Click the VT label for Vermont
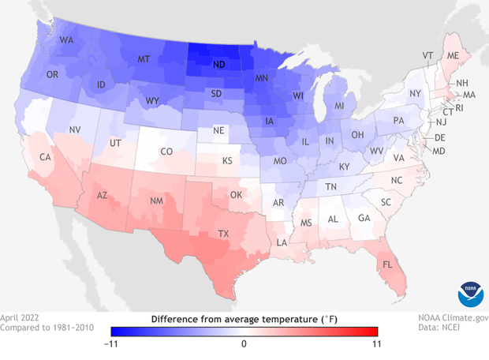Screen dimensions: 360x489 click(427, 55)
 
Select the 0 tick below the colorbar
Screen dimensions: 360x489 click(244, 343)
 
